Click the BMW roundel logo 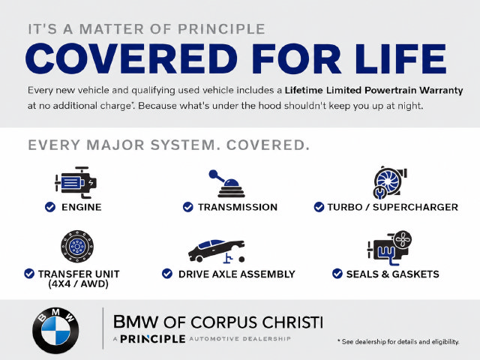pos(55,330)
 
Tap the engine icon pos(76,182)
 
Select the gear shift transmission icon pos(227,184)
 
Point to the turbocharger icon pos(390,182)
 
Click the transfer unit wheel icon pos(77,246)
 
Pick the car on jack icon pos(217,251)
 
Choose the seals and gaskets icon pos(389,248)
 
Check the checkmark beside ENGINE pos(50,207)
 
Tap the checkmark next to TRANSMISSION pos(188,207)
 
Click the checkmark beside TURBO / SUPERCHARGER pos(319,207)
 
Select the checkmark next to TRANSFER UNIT pos(29,274)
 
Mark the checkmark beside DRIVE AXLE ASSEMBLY pos(167,274)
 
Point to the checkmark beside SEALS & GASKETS pos(337,274)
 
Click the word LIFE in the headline pos(400,58)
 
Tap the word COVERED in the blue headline pos(132,58)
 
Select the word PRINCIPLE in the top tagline pos(221,29)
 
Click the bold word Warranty pos(441,91)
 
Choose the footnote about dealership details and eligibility pos(398,342)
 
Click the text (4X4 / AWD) pos(78,284)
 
